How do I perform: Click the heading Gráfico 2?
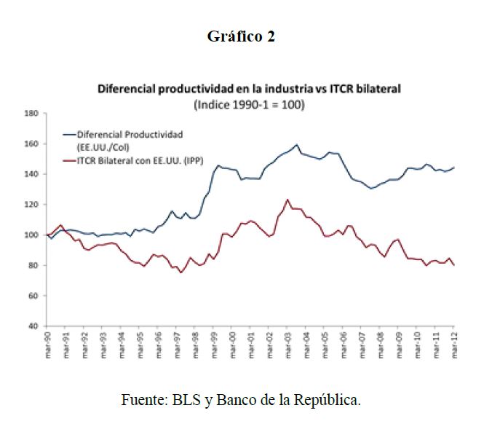[x=241, y=36]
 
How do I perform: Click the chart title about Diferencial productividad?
[x=250, y=89]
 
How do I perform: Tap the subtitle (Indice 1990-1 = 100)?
[x=249, y=103]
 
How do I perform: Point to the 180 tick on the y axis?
[x=31, y=114]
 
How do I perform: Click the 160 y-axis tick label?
[x=31, y=144]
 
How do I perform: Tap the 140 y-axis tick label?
[x=31, y=174]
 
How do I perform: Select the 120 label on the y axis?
[x=31, y=205]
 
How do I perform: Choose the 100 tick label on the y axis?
[x=31, y=235]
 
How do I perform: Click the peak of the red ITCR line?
[x=287, y=199]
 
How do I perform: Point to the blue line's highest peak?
[x=297, y=144]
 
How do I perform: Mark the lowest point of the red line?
[x=180, y=272]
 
